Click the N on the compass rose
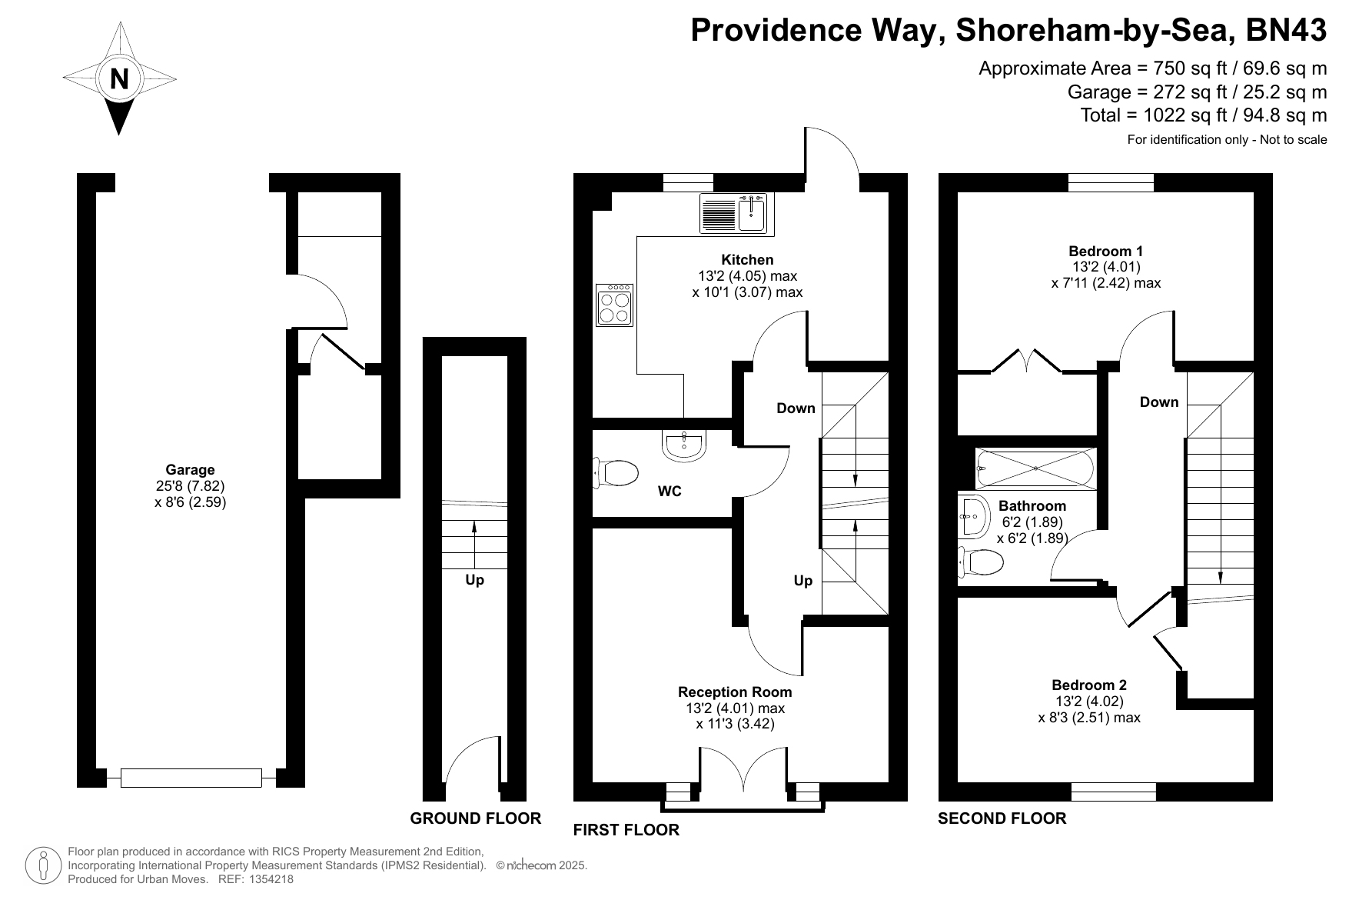pyautogui.click(x=119, y=78)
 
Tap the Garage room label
pyautogui.click(x=191, y=470)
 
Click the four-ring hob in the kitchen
pyautogui.click(x=614, y=305)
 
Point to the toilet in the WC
pyautogui.click(x=616, y=472)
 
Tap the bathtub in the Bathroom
pyautogui.click(x=1035, y=468)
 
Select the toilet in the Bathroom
pyautogui.click(x=980, y=562)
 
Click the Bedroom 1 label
pyautogui.click(x=1106, y=251)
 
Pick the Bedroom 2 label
pyautogui.click(x=1089, y=685)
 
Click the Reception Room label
pyautogui.click(x=735, y=692)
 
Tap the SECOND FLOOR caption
pyautogui.click(x=1002, y=818)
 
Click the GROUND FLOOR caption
pyautogui.click(x=476, y=818)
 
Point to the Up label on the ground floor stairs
pyautogui.click(x=474, y=580)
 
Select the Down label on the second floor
pyautogui.click(x=1159, y=402)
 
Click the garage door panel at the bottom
pyautogui.click(x=191, y=778)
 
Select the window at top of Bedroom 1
pyautogui.click(x=1111, y=182)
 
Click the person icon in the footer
pyautogui.click(x=44, y=865)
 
